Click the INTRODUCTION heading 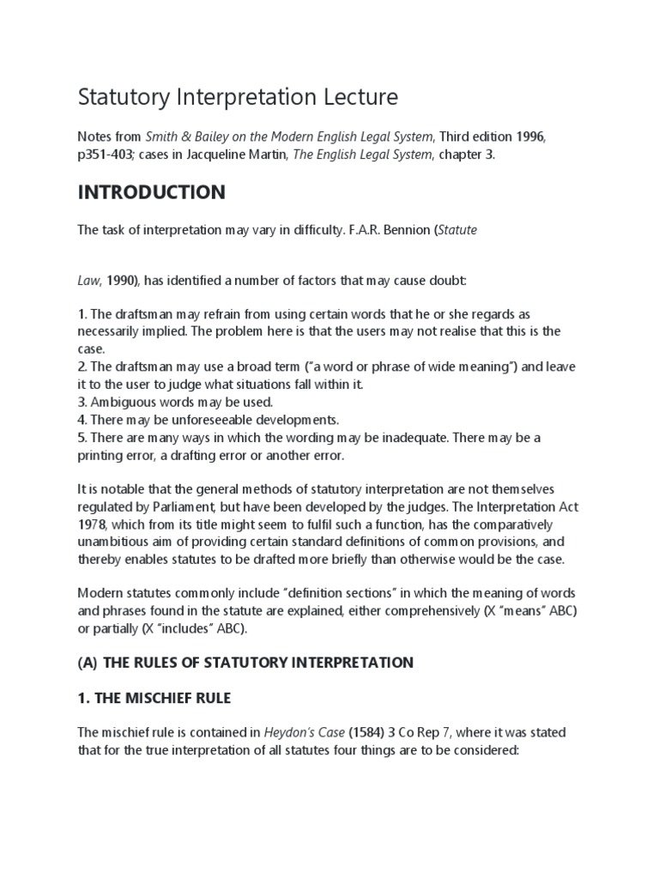click(x=152, y=192)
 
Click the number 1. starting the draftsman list click(x=83, y=315)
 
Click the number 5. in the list click(x=83, y=438)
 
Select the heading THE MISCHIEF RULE click(x=163, y=698)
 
